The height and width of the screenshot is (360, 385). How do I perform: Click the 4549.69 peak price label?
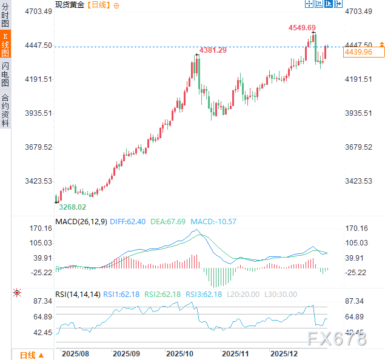(302, 27)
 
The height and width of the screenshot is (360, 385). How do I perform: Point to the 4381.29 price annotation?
(213, 50)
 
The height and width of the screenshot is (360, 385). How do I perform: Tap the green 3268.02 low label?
(72, 207)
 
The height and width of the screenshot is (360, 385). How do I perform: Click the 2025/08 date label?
(76, 352)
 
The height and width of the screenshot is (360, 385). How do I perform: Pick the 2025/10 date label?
(179, 352)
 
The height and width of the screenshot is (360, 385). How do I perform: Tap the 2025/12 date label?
(284, 352)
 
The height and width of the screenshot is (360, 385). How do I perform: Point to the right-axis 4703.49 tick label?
(358, 12)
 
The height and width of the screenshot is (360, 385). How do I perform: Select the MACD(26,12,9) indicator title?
(81, 222)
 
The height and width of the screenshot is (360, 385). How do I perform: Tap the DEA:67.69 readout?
(169, 222)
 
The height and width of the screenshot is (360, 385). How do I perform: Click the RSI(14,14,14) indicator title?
(78, 295)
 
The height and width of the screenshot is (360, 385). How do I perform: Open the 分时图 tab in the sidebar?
(5, 17)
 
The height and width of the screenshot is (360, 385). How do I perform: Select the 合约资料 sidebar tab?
(5, 110)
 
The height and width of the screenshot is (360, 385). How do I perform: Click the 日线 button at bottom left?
(31, 355)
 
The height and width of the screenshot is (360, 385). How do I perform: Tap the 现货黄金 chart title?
(70, 4)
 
